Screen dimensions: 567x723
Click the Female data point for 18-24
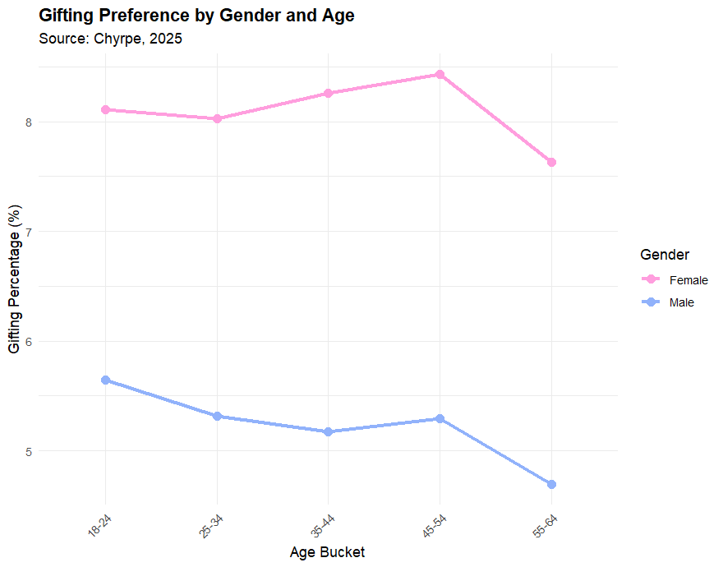tap(106, 109)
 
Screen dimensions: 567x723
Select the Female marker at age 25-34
tap(217, 118)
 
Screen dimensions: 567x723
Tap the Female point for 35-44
tap(328, 93)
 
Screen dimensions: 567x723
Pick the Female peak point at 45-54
tap(440, 74)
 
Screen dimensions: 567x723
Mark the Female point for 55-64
tap(551, 162)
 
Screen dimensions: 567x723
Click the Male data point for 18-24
tap(106, 380)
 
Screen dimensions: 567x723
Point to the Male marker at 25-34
tap(217, 416)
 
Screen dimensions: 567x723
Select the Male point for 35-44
tap(328, 431)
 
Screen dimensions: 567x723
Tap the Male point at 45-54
tap(440, 418)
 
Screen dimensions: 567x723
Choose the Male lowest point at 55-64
tap(551, 484)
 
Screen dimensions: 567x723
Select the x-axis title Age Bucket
tap(327, 552)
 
